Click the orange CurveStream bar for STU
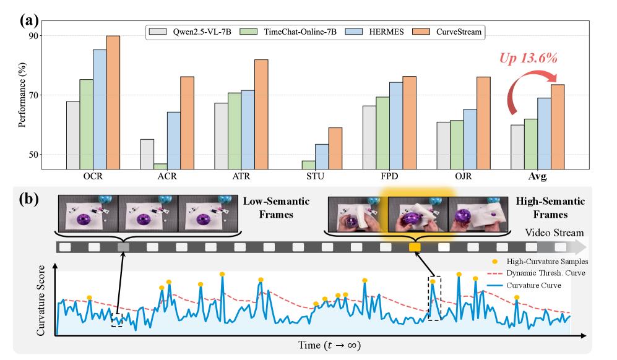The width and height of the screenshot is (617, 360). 335,148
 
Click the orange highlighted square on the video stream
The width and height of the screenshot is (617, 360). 415,247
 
